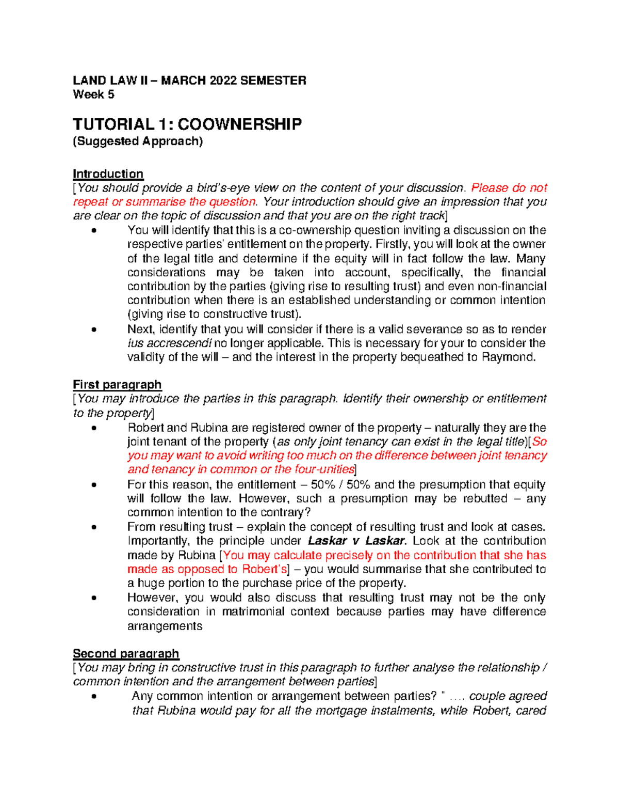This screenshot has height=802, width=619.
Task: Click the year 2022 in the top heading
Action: (x=224, y=80)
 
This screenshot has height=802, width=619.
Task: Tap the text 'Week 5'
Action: (x=93, y=95)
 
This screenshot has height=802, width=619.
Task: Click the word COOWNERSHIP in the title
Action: (x=240, y=124)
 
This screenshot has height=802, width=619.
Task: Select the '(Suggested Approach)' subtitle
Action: (x=138, y=141)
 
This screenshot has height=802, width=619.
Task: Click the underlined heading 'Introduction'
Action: (x=108, y=174)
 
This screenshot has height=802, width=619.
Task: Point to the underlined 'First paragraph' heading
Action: (x=117, y=385)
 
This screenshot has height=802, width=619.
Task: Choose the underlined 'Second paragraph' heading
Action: (x=126, y=654)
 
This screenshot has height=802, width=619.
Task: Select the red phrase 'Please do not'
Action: (x=509, y=188)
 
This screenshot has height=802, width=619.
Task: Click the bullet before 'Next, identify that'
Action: (x=93, y=329)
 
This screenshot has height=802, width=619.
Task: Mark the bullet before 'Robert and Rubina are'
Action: (x=93, y=428)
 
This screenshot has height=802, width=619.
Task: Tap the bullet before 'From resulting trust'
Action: (x=93, y=527)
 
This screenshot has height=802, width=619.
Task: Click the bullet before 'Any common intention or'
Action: (x=93, y=696)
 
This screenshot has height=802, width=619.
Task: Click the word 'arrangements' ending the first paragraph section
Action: (x=165, y=626)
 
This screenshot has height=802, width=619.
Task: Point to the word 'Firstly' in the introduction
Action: (x=393, y=244)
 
